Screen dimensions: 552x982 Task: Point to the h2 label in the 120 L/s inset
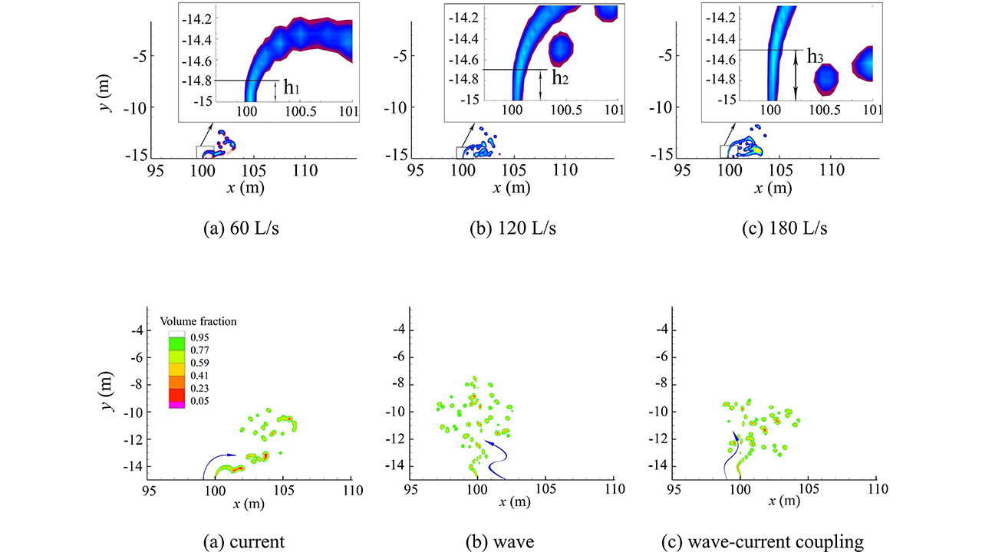click(x=560, y=77)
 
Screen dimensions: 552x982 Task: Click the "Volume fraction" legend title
click(x=198, y=322)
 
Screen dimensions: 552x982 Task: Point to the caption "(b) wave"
click(x=499, y=541)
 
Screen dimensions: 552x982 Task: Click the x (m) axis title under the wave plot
click(x=513, y=501)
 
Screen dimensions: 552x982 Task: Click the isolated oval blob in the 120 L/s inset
click(x=562, y=49)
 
